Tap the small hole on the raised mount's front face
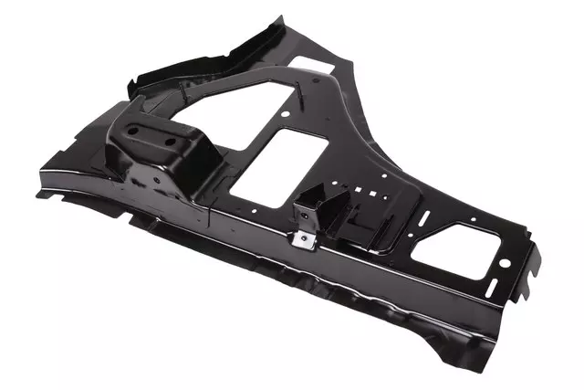(x=157, y=180)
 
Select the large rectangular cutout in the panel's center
(x=274, y=162)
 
